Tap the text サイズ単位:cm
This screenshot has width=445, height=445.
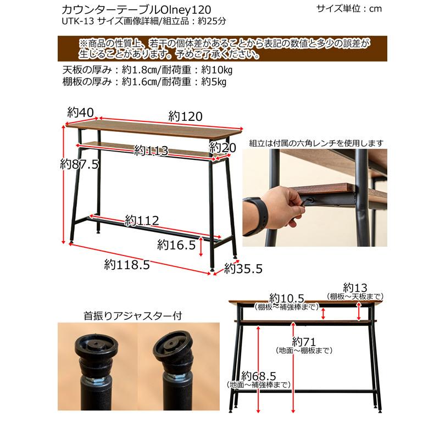[349, 9]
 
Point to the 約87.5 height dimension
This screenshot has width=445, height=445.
[79, 164]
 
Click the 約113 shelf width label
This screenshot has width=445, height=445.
[150, 151]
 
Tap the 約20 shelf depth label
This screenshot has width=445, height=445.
[222, 147]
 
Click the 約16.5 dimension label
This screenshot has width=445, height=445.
[176, 244]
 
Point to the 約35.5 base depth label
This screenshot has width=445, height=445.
[243, 269]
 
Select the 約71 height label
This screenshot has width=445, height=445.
[303, 340]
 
